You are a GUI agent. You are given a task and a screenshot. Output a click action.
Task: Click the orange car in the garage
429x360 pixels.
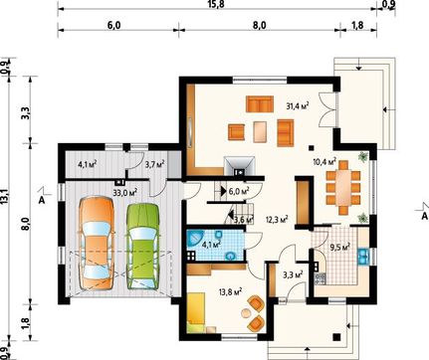coord(97,244)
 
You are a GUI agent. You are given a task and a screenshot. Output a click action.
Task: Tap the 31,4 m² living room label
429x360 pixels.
coord(298,105)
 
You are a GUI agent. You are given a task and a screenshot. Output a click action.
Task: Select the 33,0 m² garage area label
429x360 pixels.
coord(125,193)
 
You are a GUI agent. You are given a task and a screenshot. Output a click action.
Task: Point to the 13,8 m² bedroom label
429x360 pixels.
coord(230,292)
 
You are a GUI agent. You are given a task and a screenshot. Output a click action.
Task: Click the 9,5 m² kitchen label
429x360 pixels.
coord(340,247)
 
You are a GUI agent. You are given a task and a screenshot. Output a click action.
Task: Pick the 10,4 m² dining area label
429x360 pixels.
coord(324,162)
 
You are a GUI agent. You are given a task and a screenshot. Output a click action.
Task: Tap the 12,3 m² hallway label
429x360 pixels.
coord(277,219)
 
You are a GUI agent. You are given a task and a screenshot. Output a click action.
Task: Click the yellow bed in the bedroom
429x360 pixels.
coord(197,308)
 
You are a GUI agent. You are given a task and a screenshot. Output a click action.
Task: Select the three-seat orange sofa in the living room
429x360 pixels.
coord(260,103)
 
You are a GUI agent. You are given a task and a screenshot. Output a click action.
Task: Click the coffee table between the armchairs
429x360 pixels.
coord(260,132)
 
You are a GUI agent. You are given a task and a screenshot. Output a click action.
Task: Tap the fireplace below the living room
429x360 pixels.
coord(239,165)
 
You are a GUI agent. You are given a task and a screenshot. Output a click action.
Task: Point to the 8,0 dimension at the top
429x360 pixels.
coord(259,26)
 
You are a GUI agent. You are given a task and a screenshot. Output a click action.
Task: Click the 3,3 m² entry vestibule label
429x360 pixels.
coord(293,274)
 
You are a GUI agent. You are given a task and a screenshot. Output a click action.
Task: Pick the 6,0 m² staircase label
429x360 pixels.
coord(239,191)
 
